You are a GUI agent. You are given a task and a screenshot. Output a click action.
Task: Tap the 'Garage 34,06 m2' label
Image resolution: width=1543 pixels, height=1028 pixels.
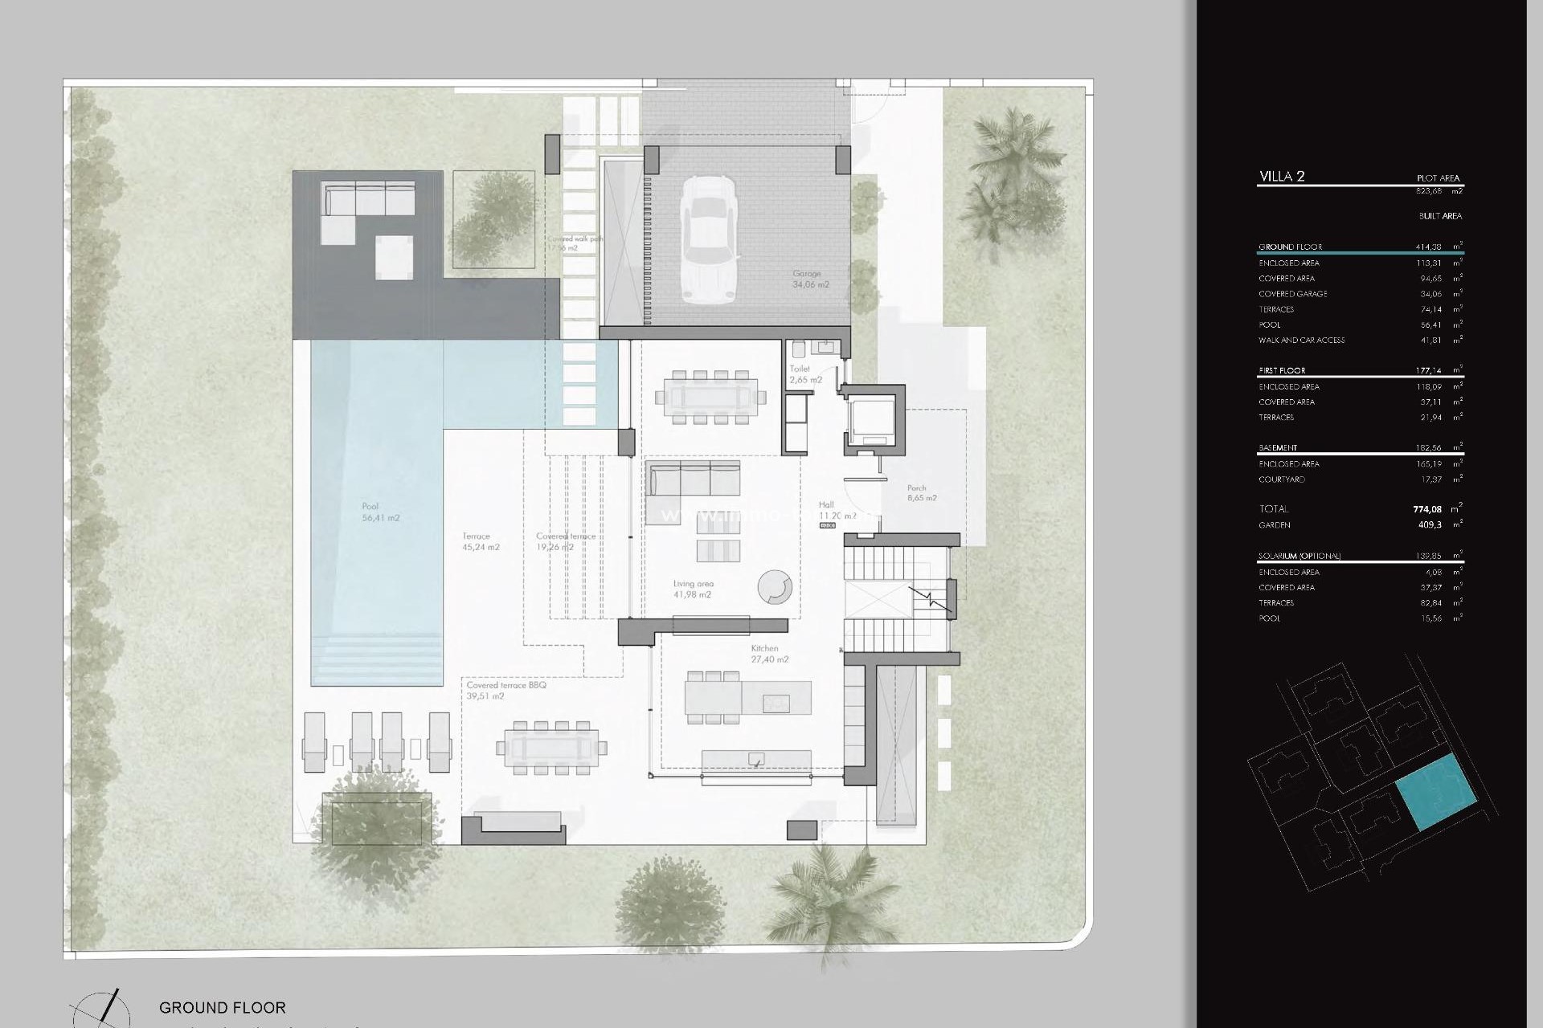(x=810, y=279)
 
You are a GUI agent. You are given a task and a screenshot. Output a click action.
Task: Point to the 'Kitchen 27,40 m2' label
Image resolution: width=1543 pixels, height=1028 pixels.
(x=768, y=654)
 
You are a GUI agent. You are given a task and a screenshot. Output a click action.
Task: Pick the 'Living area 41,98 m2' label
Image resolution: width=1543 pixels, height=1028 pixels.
(x=693, y=589)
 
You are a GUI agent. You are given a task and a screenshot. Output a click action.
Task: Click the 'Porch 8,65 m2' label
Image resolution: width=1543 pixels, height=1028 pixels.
(x=921, y=493)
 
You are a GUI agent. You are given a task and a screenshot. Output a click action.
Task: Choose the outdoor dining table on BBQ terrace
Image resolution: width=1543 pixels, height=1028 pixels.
(x=551, y=748)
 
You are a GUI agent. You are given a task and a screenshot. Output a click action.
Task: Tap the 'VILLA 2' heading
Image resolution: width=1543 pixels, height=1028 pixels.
(x=1281, y=177)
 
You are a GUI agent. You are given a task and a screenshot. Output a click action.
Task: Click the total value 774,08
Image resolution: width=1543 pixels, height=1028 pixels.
(x=1426, y=508)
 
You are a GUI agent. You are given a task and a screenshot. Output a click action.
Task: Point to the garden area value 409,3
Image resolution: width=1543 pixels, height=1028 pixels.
(x=1430, y=525)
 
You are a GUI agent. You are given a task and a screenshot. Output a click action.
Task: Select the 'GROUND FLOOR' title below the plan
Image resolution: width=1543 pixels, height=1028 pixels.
(x=222, y=1007)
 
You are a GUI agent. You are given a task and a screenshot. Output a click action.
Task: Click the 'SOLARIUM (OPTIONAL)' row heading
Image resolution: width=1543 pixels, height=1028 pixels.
(x=1299, y=556)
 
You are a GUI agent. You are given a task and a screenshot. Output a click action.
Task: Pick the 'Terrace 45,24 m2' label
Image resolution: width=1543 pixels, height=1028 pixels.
(x=481, y=542)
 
